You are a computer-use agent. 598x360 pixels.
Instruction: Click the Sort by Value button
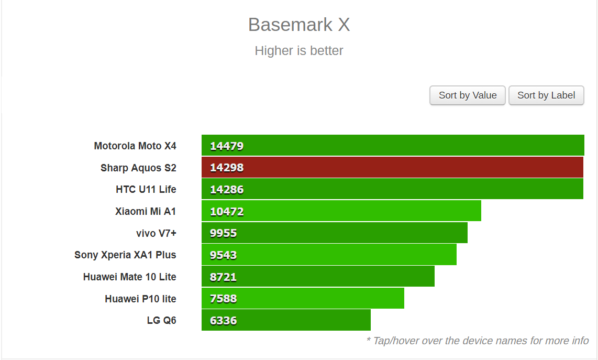coord(467,95)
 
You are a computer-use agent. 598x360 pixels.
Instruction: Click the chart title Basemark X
coord(299,25)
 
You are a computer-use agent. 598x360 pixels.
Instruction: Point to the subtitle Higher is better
coord(299,51)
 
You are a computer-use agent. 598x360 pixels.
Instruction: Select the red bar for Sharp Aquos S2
coord(392,168)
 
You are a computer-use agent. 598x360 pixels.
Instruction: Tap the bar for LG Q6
coord(286,320)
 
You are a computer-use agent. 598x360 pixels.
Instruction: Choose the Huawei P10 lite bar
coord(303,299)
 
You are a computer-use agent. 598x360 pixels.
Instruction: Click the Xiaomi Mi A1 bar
coord(341,211)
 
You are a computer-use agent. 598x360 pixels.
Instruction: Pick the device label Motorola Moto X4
coord(135,146)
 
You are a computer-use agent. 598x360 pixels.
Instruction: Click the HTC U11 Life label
coord(146,189)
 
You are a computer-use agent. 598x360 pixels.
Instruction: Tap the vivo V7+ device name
coord(156,233)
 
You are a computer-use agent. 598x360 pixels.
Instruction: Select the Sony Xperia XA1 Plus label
coord(125,255)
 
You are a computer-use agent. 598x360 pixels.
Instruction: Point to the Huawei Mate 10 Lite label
coord(129,277)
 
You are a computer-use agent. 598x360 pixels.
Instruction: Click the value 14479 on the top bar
coord(227,146)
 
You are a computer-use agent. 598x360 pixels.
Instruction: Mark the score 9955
coord(223,233)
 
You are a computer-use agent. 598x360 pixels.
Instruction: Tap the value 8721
coord(223,277)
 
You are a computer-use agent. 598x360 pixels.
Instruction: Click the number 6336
coord(223,321)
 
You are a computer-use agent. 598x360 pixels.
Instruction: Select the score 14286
coord(227,190)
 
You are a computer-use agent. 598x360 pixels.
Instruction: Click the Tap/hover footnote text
coord(477,341)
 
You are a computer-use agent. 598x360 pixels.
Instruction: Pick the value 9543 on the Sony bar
coord(223,255)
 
